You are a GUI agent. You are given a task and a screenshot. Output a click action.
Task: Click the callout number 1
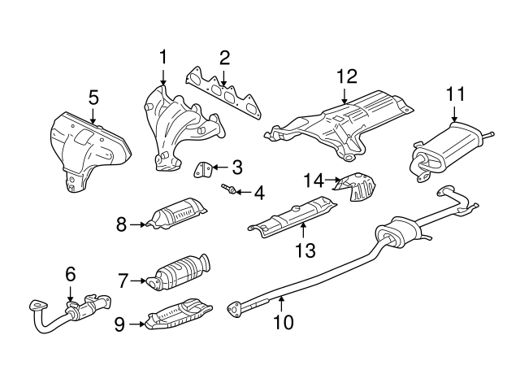[x=162, y=57]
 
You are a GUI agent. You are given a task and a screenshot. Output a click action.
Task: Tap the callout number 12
[x=347, y=76]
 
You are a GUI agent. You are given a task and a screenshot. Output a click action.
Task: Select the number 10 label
[x=284, y=322]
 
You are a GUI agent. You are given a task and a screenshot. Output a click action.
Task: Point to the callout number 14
[x=314, y=181]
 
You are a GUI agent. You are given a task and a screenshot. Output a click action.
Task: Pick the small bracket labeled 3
[x=202, y=169]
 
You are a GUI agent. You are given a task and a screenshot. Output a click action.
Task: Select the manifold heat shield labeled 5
[x=89, y=151]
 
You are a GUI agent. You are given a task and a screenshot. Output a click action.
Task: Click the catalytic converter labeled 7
[x=180, y=272]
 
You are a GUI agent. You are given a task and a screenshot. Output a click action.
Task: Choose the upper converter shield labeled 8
[x=177, y=215]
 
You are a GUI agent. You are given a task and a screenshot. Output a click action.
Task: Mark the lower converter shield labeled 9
[x=179, y=314]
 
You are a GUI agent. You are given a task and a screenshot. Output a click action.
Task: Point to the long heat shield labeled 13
[x=293, y=216]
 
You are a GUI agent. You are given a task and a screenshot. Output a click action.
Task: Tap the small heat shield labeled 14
[x=357, y=186]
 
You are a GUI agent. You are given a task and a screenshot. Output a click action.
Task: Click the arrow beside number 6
[x=70, y=294]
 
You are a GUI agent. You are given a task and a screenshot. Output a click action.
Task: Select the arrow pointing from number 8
[x=137, y=225]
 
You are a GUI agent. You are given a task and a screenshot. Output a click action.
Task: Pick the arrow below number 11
[x=454, y=113]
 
